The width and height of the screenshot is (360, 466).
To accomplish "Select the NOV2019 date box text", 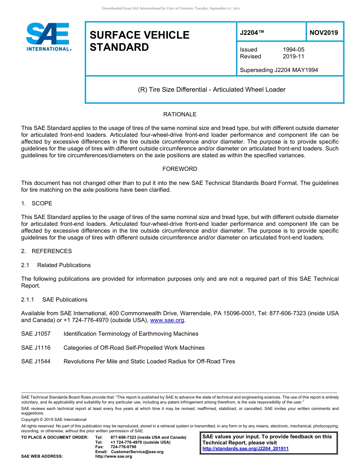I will point(324,33).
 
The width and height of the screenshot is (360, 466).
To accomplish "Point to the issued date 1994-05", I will point(293,50).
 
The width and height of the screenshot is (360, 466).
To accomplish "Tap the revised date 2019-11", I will point(293,56).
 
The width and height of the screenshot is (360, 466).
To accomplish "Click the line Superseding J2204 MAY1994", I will point(279,70).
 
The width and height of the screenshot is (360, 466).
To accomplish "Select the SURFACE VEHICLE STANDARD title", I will point(139,41).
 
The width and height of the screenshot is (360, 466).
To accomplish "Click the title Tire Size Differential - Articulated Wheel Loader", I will point(211,90).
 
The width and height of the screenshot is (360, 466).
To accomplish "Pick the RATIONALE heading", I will point(180,114).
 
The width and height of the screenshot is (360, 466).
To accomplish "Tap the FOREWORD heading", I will point(180,169).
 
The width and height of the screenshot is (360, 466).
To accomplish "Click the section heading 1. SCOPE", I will point(37,203).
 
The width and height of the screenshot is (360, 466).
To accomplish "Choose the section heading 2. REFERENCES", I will point(46,251).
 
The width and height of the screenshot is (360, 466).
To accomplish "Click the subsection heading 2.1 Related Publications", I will point(56,265).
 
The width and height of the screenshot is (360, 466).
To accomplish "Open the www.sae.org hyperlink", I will point(167,321).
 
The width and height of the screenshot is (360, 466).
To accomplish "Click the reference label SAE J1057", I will point(36,334).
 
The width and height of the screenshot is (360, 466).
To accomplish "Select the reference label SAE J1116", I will point(36,348).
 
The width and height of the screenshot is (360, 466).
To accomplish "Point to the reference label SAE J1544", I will point(36,361).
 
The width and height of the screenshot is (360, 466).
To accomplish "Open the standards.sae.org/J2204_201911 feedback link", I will point(245,449).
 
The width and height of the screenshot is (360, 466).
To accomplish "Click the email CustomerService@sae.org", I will point(137,452).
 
